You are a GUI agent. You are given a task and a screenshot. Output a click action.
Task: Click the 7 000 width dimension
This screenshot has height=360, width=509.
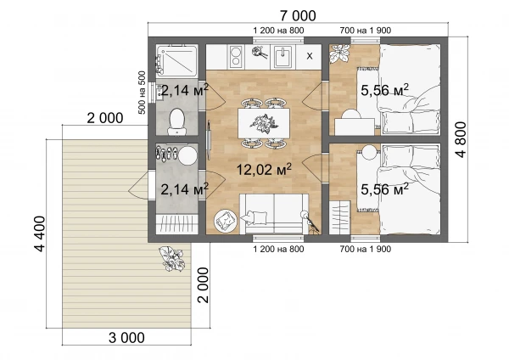(x=298, y=15)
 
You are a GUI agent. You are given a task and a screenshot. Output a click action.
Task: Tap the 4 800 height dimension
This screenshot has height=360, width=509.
(x=461, y=139)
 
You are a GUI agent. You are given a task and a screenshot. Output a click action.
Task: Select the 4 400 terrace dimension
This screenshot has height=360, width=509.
(x=40, y=233)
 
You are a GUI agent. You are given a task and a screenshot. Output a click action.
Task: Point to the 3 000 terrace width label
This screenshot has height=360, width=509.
(x=126, y=338)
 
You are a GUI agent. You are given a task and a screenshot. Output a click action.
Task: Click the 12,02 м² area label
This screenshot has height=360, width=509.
(x=264, y=170)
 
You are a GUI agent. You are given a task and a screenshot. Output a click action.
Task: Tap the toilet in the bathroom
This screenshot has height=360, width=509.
(x=177, y=122)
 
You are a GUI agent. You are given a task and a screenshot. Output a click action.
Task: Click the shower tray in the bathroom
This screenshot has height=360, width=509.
(x=176, y=61)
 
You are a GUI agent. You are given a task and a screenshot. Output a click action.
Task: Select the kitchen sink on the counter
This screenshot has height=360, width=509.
(x=283, y=56)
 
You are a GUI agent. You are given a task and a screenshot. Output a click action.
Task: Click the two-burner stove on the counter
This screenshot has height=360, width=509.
(x=237, y=57)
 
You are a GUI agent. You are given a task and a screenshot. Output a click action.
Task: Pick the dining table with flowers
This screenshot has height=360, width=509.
(x=264, y=123)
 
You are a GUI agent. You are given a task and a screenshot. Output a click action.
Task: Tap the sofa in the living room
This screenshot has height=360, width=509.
(x=274, y=213)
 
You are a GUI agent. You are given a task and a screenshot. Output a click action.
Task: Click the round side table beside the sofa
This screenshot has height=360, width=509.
(x=226, y=221)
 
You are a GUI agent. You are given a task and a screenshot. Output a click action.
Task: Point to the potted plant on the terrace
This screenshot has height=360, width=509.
(x=171, y=259)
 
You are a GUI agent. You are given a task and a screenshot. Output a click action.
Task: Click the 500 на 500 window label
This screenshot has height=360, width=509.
(x=143, y=93)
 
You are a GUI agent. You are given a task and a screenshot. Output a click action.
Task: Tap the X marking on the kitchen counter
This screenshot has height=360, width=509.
(x=310, y=56)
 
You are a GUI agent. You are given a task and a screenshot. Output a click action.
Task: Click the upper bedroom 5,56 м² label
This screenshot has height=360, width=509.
(x=384, y=90)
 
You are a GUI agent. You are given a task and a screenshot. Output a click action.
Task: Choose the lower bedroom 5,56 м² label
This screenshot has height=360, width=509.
(x=384, y=189)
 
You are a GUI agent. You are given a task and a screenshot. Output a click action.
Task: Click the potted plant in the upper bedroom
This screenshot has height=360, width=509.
(x=340, y=53)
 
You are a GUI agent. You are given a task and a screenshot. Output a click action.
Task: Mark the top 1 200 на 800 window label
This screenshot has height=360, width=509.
(x=278, y=31)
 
